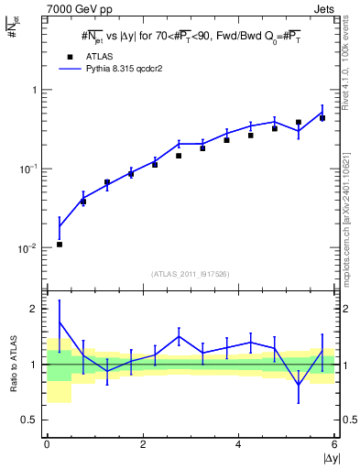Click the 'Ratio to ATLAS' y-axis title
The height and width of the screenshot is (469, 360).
[x=12, y=365]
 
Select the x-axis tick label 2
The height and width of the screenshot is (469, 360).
[x=143, y=444]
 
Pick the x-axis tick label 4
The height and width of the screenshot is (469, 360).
[x=239, y=444]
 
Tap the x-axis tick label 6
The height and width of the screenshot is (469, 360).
[x=334, y=444]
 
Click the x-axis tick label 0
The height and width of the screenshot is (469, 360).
[x=47, y=444]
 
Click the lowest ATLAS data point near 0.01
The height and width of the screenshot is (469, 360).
[x=60, y=245]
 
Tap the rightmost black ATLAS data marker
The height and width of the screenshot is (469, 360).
[x=322, y=118]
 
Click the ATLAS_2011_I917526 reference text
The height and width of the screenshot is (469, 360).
[x=191, y=273]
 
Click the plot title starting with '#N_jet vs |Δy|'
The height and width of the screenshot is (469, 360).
[x=191, y=37]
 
